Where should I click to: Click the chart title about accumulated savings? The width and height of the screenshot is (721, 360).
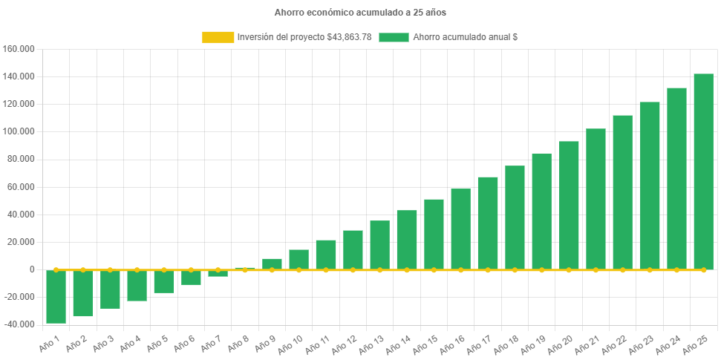coord(360,13)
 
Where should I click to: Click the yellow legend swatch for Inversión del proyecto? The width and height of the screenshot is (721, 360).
coord(217,37)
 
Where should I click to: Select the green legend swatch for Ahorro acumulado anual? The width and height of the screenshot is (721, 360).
coord(394,37)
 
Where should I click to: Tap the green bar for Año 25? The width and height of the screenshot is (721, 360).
coord(703,171)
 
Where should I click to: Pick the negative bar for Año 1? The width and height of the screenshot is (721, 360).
coord(56,297)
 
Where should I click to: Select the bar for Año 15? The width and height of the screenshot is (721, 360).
coord(434,234)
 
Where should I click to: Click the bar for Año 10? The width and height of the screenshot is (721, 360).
coord(298,259)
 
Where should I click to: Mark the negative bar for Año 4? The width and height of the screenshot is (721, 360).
coord(137,286)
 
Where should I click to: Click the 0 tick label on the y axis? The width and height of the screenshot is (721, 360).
coord(33,269)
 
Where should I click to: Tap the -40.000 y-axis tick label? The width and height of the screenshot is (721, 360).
coord(19,324)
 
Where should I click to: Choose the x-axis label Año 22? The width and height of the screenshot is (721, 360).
coord(613,343)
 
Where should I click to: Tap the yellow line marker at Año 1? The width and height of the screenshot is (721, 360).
coord(56,269)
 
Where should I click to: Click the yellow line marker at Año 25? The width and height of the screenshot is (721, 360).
coord(703,269)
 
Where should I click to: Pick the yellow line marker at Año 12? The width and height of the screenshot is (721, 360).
coord(353,269)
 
